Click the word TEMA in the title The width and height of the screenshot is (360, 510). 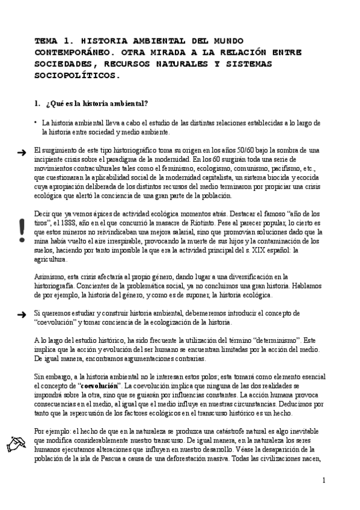click(45, 40)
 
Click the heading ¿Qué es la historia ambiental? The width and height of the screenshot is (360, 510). click(97, 104)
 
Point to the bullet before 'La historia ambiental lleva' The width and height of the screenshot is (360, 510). click(36, 122)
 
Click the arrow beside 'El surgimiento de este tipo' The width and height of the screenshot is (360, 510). click(22, 153)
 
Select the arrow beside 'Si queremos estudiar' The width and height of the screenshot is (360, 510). click(22, 314)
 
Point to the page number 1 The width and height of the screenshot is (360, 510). click(323, 480)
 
